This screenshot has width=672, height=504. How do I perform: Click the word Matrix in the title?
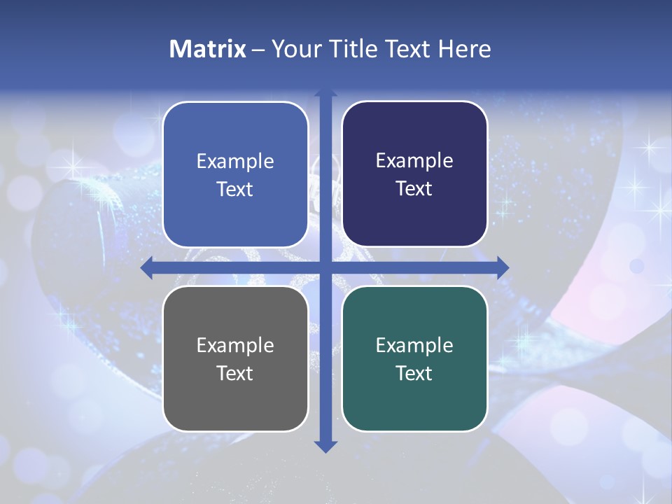click(208, 49)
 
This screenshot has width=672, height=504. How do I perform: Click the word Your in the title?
click(292, 49)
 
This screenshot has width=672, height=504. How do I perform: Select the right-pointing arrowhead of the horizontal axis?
click(502, 267)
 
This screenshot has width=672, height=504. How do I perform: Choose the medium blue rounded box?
click(235, 174)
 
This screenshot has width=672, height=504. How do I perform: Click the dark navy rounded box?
click(414, 174)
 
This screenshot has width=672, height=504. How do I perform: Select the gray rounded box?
click(235, 358)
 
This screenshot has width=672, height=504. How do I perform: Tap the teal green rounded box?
click(414, 358)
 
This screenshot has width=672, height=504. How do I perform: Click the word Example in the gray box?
click(235, 345)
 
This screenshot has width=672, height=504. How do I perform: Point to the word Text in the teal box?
click(414, 373)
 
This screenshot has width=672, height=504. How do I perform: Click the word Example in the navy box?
click(414, 160)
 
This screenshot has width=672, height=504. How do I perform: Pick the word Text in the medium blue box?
click(235, 189)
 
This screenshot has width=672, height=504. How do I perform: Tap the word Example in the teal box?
click(414, 345)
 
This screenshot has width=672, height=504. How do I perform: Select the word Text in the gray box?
click(235, 373)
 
